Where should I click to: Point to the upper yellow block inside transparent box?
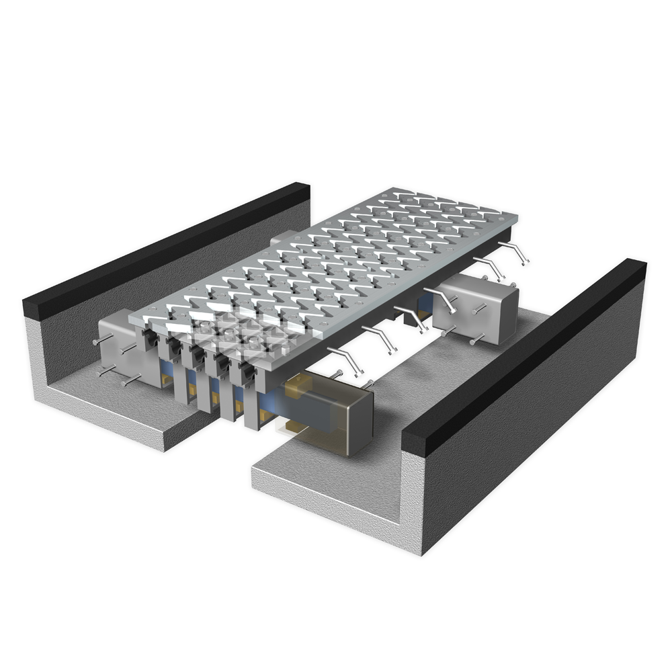[300, 386]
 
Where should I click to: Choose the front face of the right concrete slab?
[323, 497]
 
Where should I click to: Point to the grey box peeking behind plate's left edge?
[282, 239]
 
